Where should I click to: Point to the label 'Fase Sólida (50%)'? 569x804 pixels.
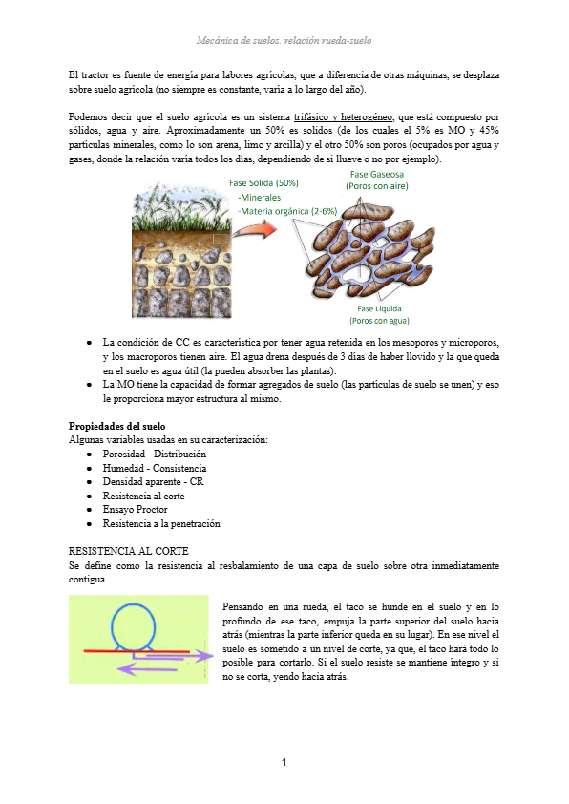(x=263, y=182)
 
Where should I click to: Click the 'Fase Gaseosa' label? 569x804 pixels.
(x=377, y=175)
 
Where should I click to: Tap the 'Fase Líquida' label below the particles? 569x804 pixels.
(x=379, y=309)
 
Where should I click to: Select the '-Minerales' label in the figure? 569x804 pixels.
(x=266, y=197)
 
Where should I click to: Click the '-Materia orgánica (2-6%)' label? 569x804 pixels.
(x=287, y=210)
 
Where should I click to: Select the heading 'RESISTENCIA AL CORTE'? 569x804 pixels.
(x=129, y=552)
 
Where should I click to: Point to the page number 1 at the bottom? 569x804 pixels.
(x=284, y=762)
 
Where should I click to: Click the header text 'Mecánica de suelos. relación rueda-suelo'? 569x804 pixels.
(x=284, y=41)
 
